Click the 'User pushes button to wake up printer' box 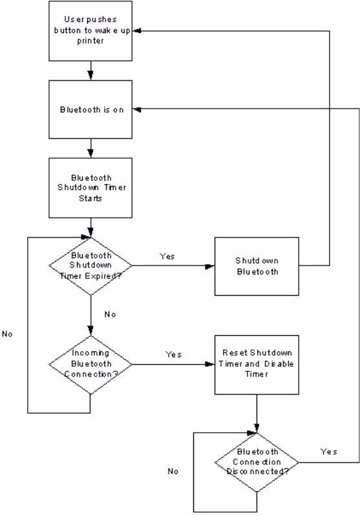[90, 31]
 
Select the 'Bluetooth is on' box [90, 109]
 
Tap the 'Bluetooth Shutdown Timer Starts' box [90, 188]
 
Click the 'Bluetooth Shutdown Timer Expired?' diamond [90, 266]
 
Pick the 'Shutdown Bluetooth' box [257, 266]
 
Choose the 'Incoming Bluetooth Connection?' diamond [90, 364]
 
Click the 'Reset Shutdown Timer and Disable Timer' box [257, 365]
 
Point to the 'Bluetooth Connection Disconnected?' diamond [257, 462]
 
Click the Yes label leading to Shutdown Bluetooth [167, 256]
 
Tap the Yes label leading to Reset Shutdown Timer [173, 355]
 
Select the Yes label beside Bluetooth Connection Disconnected [329, 451]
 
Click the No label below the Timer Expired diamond [110, 315]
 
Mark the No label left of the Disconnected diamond [173, 471]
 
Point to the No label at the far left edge [7, 334]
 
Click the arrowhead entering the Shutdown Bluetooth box [210, 266]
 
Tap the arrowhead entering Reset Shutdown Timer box [210, 364]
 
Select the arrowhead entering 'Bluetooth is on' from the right [137, 109]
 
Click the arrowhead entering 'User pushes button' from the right [137, 31]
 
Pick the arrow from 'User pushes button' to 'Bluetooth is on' [90, 71]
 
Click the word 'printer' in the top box [90, 41]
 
